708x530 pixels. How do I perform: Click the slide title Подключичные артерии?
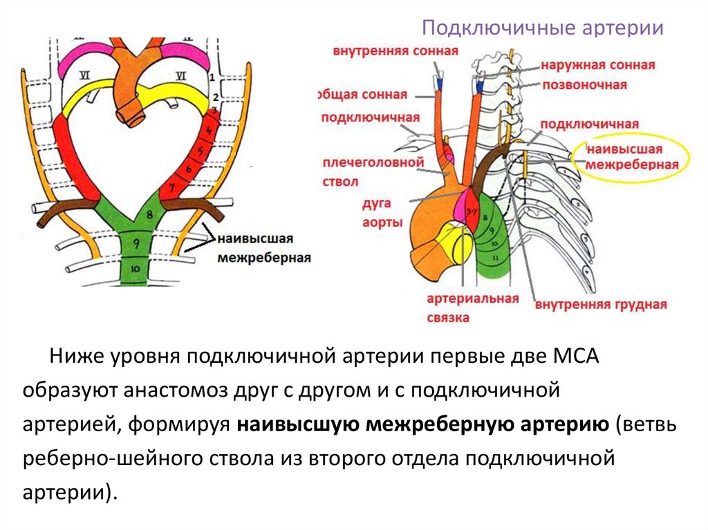point(543,29)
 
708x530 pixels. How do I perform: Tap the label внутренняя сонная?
point(395,52)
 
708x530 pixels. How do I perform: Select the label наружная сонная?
point(598,66)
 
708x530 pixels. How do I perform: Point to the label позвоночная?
point(584,85)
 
